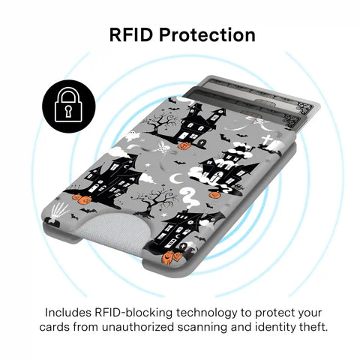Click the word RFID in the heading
(x=130, y=34)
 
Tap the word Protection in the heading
(x=207, y=34)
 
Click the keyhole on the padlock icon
(x=68, y=111)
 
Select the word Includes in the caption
(x=67, y=313)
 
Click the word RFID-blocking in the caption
(x=133, y=313)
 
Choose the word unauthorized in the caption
(x=137, y=327)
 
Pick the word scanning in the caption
(x=202, y=328)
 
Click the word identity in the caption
(x=274, y=328)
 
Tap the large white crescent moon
(x=176, y=178)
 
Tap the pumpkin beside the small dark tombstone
(x=184, y=145)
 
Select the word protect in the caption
(x=274, y=313)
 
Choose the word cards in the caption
(x=54, y=327)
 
